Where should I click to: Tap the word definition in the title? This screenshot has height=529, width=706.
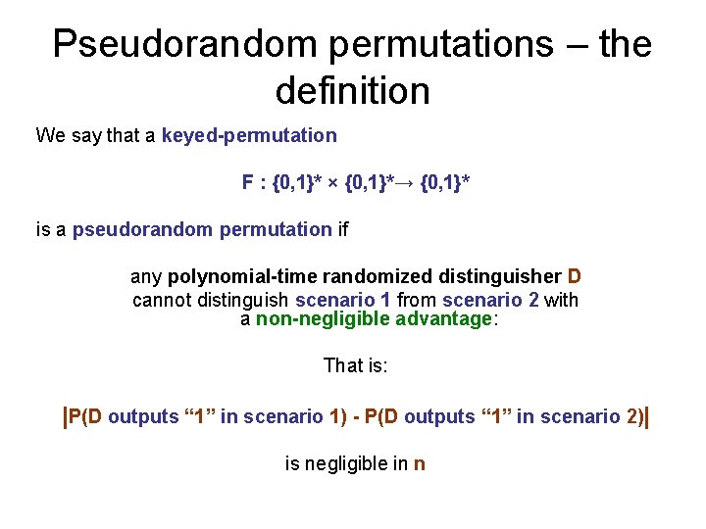click(353, 91)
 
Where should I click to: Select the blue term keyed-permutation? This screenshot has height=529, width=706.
click(249, 135)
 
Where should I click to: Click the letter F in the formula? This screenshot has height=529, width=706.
click(247, 182)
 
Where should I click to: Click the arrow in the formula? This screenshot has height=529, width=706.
click(405, 183)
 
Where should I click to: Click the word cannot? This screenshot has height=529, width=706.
click(163, 300)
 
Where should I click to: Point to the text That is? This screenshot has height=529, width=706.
click(356, 366)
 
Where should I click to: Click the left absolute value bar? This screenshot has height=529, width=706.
click(65, 416)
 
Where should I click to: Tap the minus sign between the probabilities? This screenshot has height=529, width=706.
click(355, 417)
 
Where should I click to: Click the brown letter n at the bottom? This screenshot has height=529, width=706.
click(420, 464)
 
